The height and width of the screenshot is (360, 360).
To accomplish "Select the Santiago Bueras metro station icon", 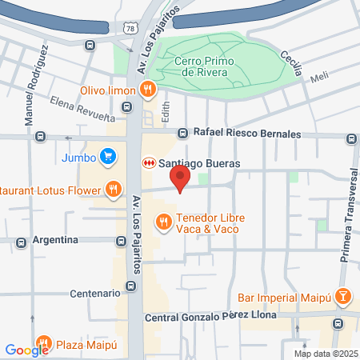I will coord(147,163).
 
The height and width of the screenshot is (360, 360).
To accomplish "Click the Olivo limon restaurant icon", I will coord(147,90).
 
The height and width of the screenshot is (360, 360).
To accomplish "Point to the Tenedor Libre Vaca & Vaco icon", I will coord(163,220).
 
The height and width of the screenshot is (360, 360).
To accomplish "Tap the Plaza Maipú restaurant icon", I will coord(44,346).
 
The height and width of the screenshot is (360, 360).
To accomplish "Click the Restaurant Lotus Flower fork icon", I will coord(114,190).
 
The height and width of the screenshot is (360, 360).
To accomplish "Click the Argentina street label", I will coord(55,240).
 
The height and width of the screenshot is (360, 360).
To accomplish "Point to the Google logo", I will coord(26,350).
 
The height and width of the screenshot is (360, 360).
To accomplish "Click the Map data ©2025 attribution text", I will coord(324,354).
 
